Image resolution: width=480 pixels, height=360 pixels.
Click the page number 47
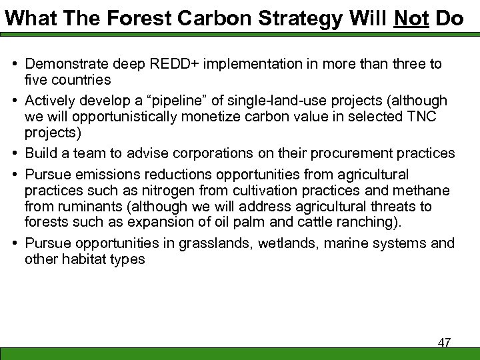(x=444, y=343)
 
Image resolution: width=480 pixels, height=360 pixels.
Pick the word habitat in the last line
(x=81, y=258)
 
